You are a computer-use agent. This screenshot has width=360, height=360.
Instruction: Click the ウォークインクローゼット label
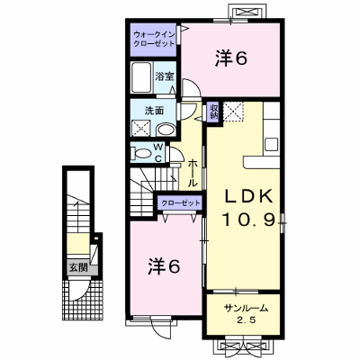tap(154, 38)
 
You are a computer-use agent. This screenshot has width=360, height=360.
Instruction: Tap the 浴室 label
tap(165, 76)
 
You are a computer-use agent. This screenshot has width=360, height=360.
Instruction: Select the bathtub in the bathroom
tap(142, 77)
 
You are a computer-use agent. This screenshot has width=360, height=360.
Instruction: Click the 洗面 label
tap(154, 111)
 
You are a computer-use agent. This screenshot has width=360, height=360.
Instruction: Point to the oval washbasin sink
tap(166, 130)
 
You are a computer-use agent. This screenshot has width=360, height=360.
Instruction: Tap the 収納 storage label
tap(214, 112)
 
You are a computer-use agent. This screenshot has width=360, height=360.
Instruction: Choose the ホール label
tap(193, 174)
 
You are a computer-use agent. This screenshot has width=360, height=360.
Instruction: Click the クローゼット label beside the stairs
tap(181, 203)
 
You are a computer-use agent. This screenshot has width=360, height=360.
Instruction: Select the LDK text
tap(248, 197)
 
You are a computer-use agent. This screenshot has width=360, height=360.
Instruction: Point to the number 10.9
tap(248, 220)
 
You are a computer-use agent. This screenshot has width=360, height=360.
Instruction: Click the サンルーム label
tap(246, 308)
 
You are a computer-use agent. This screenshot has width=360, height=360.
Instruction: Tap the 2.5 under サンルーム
tap(246, 320)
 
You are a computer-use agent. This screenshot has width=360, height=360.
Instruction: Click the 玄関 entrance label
tap(78, 267)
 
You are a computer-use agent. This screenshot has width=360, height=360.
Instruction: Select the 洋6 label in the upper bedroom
tap(230, 58)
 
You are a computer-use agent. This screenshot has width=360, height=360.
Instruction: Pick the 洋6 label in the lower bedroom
tap(164, 265)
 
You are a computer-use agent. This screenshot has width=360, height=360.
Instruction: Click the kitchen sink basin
tap(272, 145)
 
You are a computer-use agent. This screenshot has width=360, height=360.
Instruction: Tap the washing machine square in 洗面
tap(141, 128)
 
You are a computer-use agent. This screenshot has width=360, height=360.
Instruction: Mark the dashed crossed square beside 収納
tap(233, 112)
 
